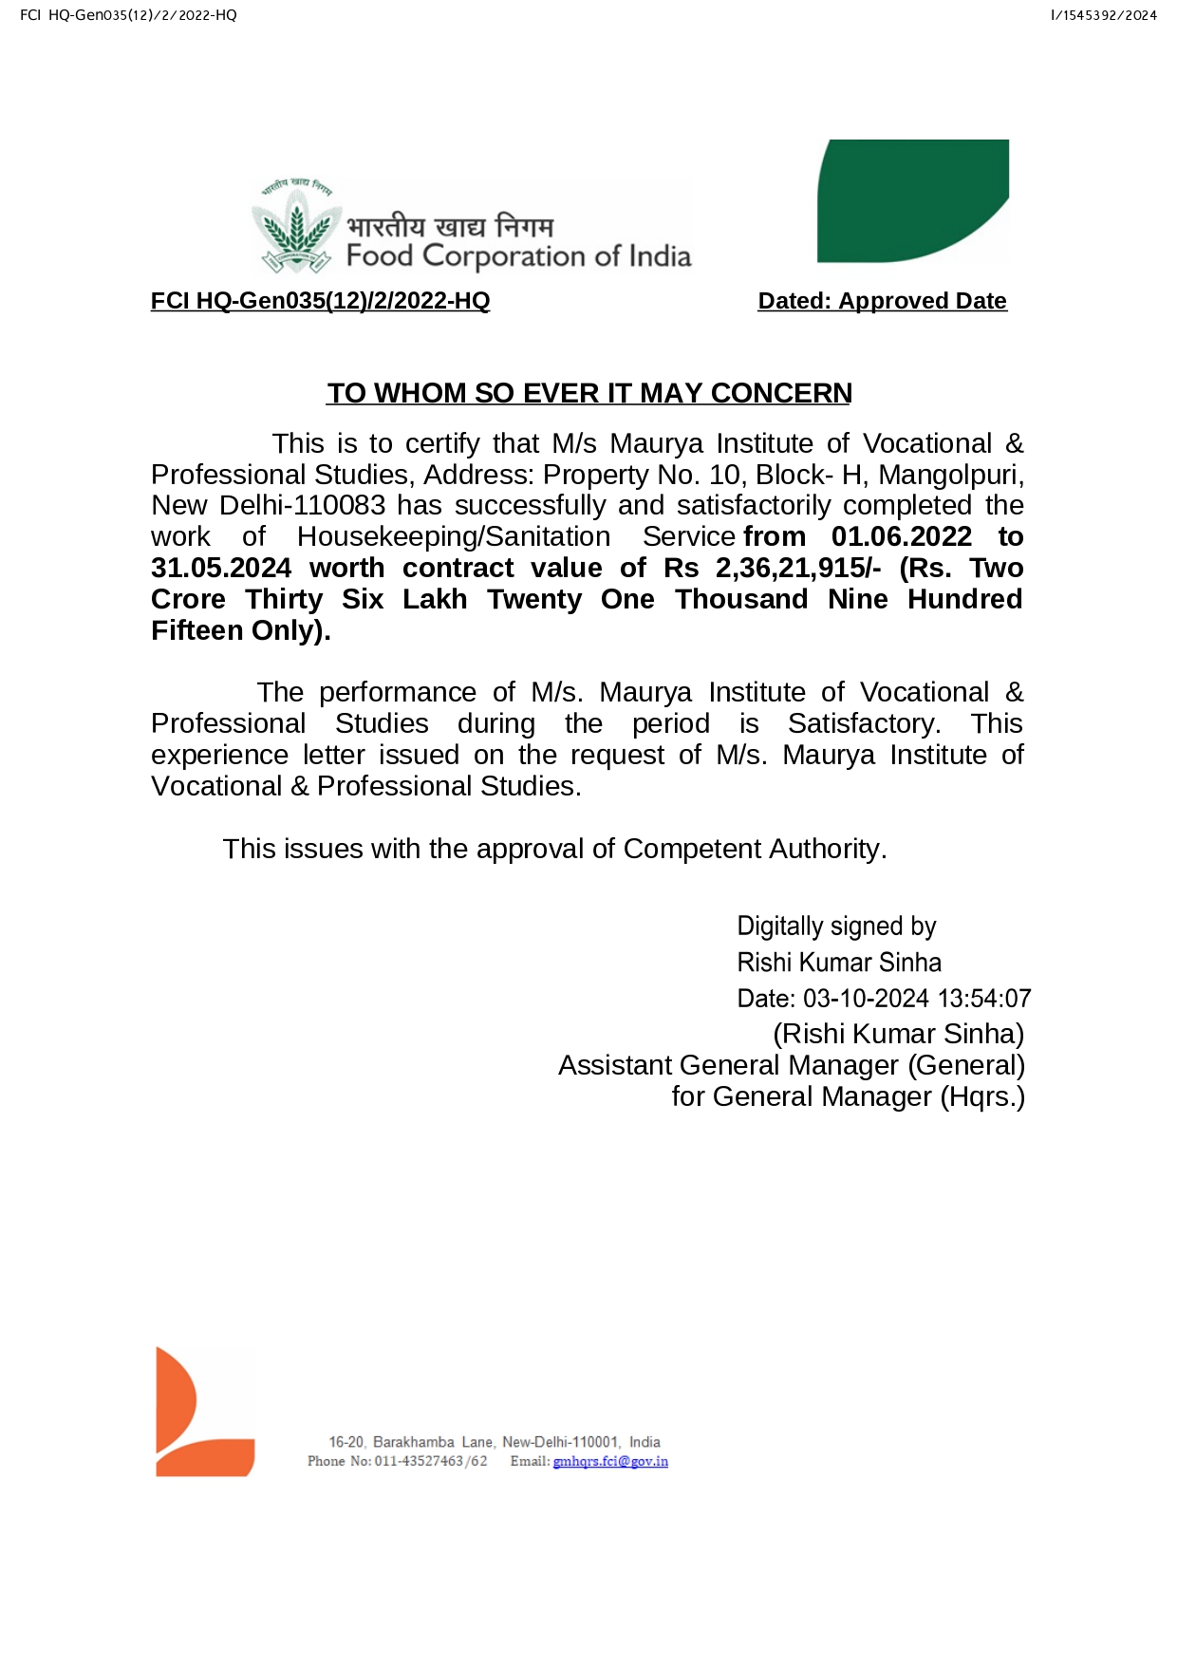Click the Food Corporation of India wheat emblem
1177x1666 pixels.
296,226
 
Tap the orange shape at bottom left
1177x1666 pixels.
202,1412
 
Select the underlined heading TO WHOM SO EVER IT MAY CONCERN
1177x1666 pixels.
588,393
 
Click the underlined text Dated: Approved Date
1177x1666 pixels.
882,301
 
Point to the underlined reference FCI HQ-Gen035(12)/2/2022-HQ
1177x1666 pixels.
320,301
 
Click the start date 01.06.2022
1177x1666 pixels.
901,536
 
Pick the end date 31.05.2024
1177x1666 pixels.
221,568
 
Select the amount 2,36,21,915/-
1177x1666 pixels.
797,568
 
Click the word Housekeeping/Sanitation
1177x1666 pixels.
453,536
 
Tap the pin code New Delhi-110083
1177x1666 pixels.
269,505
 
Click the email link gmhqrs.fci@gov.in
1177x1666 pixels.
610,1461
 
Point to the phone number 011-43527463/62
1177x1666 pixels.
431,1461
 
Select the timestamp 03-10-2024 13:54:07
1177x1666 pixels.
917,999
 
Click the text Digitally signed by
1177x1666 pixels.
836,927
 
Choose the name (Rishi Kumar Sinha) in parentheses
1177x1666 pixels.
898,1034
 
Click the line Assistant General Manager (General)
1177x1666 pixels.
791,1065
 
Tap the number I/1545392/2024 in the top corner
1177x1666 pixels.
1103,15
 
